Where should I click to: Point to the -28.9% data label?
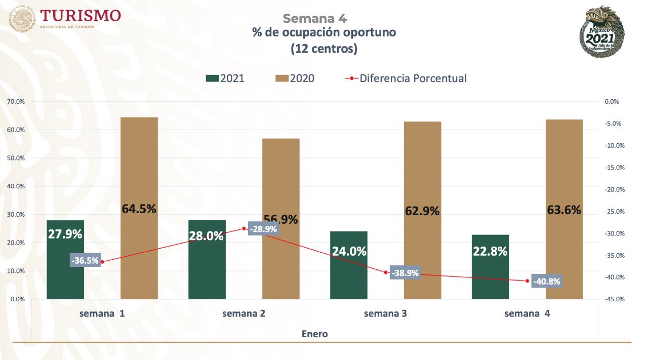[263, 229]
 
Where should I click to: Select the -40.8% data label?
[546, 282]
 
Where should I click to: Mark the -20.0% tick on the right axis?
[615, 189]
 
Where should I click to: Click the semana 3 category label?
[385, 313]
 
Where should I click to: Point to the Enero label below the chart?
[314, 334]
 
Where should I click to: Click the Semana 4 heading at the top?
[314, 18]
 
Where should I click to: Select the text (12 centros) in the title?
[324, 49]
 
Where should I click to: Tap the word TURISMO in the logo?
[81, 15]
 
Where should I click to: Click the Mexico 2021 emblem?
[601, 31]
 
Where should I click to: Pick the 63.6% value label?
[564, 210]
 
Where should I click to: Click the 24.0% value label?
[349, 251]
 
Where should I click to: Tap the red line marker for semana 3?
[386, 272]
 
